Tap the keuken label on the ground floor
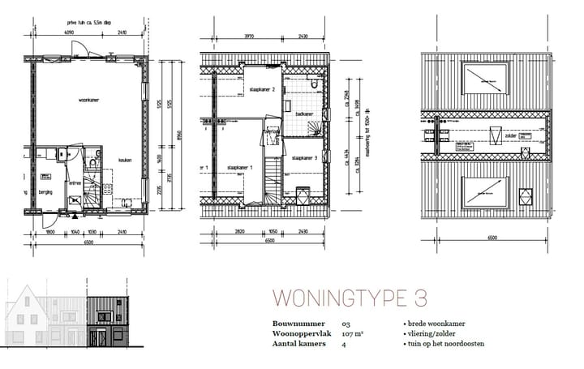125,161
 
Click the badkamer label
305,114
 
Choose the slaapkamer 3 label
303,158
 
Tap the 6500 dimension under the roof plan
491,238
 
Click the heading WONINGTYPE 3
350,298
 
